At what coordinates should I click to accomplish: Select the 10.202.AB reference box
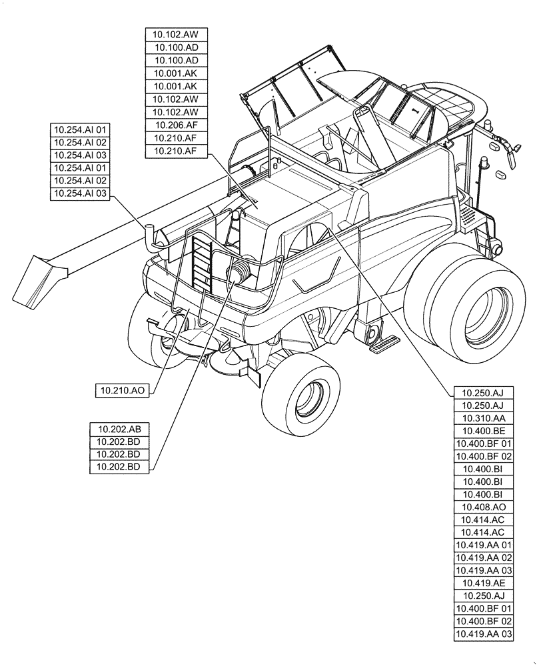click(x=119, y=429)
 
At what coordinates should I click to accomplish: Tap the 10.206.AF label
click(x=176, y=125)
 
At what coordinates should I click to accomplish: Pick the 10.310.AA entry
click(x=483, y=418)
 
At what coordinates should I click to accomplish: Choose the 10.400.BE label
click(x=483, y=431)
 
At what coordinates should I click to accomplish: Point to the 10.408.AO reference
click(x=483, y=507)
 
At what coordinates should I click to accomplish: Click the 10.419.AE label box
click(x=483, y=583)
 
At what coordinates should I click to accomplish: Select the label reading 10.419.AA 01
click(x=483, y=545)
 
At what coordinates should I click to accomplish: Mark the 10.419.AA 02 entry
click(x=483, y=558)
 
